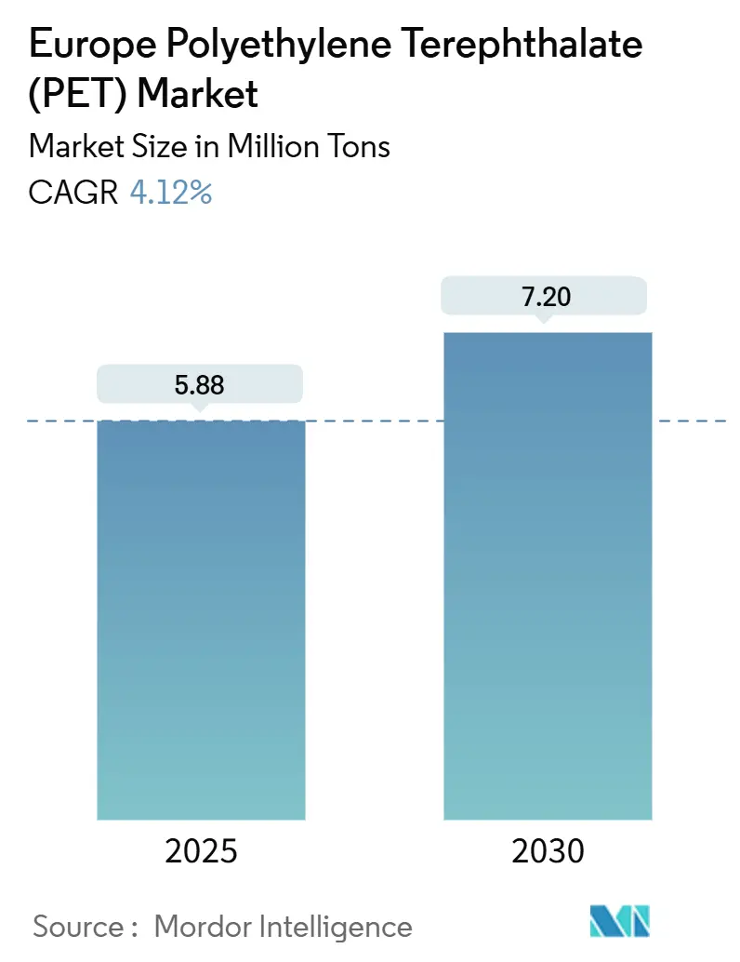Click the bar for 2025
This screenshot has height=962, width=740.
click(x=201, y=620)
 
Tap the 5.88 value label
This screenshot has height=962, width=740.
click(x=200, y=384)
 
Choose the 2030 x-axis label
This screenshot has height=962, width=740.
click(x=547, y=850)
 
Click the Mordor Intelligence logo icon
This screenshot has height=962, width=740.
click(x=620, y=921)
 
